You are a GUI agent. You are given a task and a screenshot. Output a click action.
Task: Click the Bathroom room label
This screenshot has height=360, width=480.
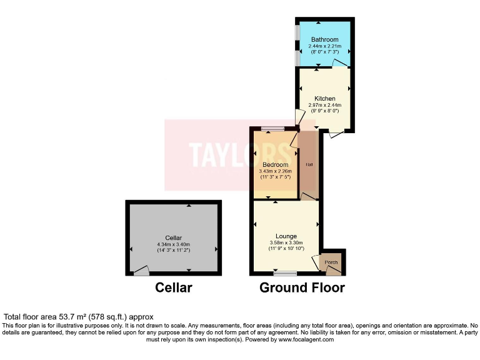tap(325, 39)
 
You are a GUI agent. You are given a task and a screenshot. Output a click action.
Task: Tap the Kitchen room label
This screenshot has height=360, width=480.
tap(325, 98)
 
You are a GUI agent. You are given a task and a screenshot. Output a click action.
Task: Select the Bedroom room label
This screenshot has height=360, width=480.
tap(274, 165)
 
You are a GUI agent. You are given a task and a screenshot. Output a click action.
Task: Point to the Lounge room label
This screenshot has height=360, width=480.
tap(286, 236)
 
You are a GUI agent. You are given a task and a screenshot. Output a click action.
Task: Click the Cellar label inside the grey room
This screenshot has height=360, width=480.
tap(174, 237)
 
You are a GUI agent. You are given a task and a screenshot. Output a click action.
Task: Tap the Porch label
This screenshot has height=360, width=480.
tap(331, 262)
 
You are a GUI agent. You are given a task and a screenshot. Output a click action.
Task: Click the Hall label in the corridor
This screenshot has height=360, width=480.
tap(309, 164)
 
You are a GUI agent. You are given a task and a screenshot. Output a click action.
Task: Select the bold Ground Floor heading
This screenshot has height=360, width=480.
tap(302, 287)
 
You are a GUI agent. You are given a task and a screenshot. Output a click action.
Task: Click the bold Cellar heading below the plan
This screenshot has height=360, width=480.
tap(174, 287)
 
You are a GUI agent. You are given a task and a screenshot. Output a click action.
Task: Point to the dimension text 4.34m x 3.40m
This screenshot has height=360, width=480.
tap(174, 244)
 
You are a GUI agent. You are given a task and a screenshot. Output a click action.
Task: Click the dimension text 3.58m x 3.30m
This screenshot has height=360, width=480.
tap(286, 242)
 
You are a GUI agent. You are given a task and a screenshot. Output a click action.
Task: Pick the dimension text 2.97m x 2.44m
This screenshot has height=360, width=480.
tap(325, 105)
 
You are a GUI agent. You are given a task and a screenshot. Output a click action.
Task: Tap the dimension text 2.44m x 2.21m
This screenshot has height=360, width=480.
tap(325, 46)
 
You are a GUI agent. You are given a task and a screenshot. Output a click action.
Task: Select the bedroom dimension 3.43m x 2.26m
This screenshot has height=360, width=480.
tap(274, 172)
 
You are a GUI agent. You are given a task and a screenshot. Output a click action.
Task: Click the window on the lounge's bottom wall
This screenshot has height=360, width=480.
tap(286, 272)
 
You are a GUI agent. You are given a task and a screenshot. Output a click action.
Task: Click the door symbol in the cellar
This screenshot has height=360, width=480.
tap(142, 271)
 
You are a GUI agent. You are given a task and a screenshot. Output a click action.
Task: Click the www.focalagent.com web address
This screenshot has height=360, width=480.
tap(307, 339)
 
